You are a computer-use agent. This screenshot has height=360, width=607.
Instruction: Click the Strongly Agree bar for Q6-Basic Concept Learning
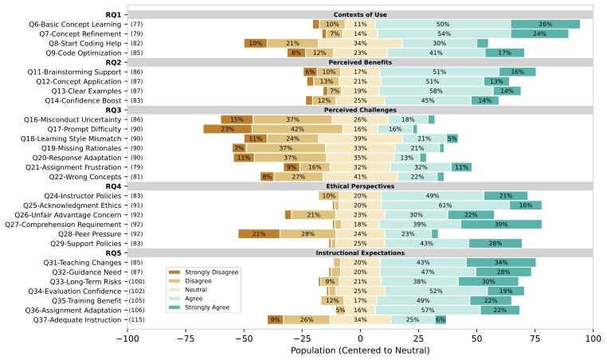tap(545, 25)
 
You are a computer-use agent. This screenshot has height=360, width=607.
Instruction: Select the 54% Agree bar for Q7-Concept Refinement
tap(444, 34)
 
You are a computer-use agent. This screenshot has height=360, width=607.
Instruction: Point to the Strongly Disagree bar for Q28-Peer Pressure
tap(259, 233)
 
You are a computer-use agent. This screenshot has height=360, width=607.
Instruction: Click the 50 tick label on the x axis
tap(476, 338)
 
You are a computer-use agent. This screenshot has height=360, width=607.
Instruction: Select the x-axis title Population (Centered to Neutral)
tap(359, 350)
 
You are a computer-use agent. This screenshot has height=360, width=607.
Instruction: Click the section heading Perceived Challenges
tap(360, 110)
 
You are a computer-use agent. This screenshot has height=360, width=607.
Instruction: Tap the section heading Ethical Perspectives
tap(360, 186)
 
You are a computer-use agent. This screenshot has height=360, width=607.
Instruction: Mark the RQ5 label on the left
tap(113, 253)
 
